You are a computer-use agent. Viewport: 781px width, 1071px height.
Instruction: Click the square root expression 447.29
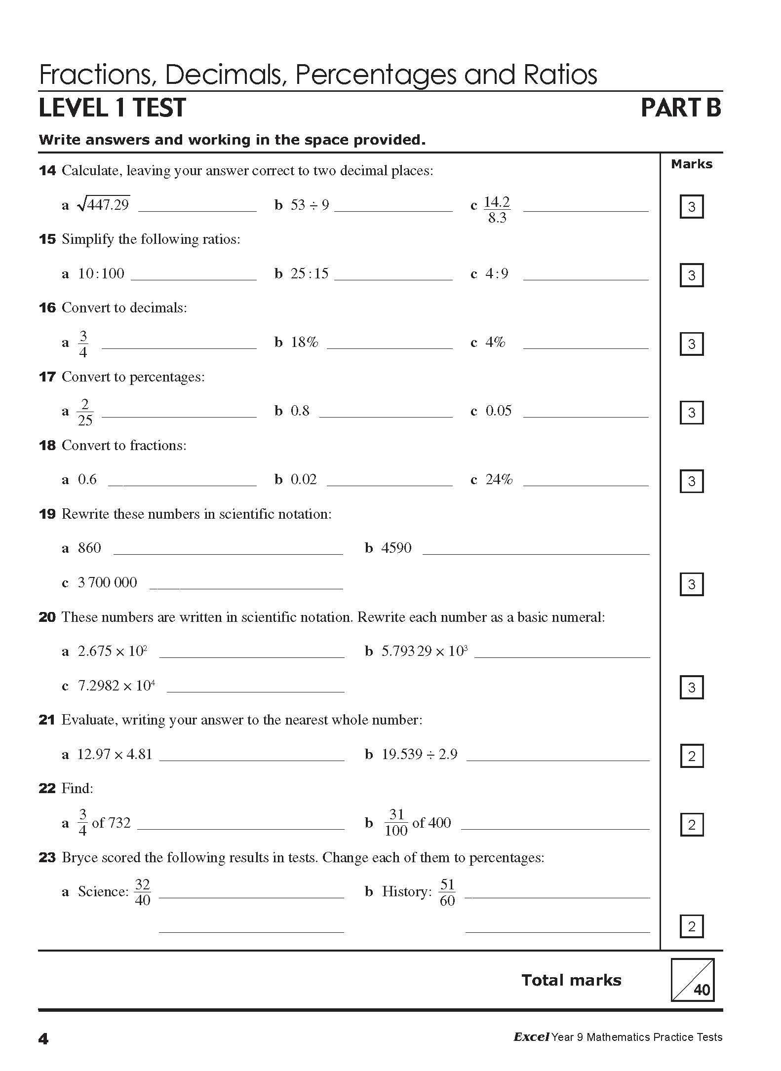104,204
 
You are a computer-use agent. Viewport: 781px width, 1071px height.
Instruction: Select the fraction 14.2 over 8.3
497,210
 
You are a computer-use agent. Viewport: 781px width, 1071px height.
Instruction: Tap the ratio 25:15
310,273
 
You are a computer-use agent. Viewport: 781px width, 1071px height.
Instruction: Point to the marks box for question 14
691,207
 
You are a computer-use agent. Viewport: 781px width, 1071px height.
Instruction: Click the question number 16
47,308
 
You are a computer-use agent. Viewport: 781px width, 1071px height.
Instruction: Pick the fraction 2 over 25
85,413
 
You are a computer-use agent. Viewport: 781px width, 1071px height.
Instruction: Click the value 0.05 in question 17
499,411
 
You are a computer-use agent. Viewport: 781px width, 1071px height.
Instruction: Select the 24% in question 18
499,479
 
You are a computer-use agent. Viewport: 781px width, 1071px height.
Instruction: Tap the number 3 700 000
107,582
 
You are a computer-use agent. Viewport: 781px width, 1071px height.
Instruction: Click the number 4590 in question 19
396,548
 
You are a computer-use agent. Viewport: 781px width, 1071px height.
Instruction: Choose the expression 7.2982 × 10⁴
116,686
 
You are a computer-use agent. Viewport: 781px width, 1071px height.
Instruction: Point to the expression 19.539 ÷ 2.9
419,754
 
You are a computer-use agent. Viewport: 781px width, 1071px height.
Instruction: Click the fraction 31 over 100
396,823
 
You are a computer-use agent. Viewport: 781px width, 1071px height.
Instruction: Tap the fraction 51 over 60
447,892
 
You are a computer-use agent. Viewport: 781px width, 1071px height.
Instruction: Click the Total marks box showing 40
692,980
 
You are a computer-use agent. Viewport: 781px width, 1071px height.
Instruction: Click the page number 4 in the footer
43,1039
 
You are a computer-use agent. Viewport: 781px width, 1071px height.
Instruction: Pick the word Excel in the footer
531,1037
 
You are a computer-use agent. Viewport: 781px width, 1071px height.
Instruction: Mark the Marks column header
691,164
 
